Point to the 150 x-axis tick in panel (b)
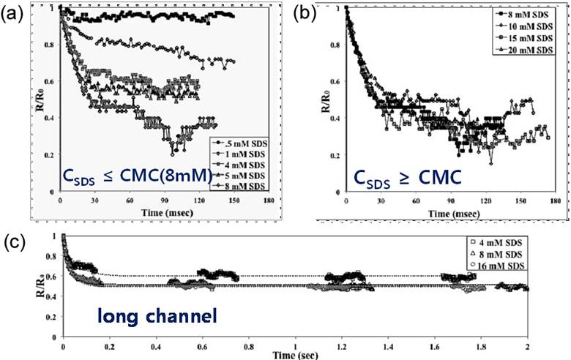(x=520, y=200)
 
